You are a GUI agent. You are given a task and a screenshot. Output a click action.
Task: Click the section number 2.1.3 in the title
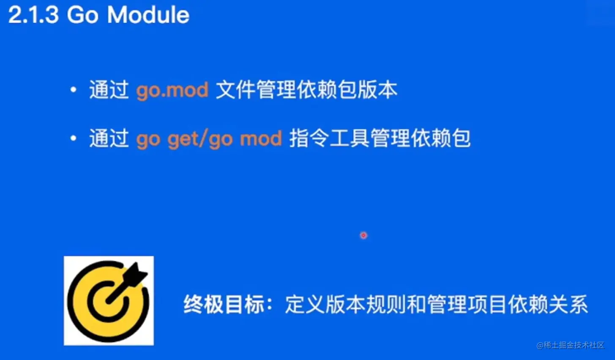tap(33, 15)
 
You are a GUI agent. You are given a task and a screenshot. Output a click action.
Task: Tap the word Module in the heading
tap(148, 15)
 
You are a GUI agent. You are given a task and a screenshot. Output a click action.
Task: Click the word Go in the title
tap(82, 15)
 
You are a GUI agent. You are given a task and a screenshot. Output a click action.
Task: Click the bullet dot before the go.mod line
tap(74, 90)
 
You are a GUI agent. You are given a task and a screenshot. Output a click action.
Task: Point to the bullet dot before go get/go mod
tap(74, 138)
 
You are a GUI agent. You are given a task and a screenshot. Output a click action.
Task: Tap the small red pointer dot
tap(364, 235)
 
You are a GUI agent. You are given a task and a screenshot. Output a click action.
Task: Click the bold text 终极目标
tap(224, 305)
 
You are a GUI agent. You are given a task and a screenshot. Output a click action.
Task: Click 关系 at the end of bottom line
tap(568, 305)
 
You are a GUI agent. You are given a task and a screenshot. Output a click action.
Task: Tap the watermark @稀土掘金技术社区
tap(570, 345)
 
